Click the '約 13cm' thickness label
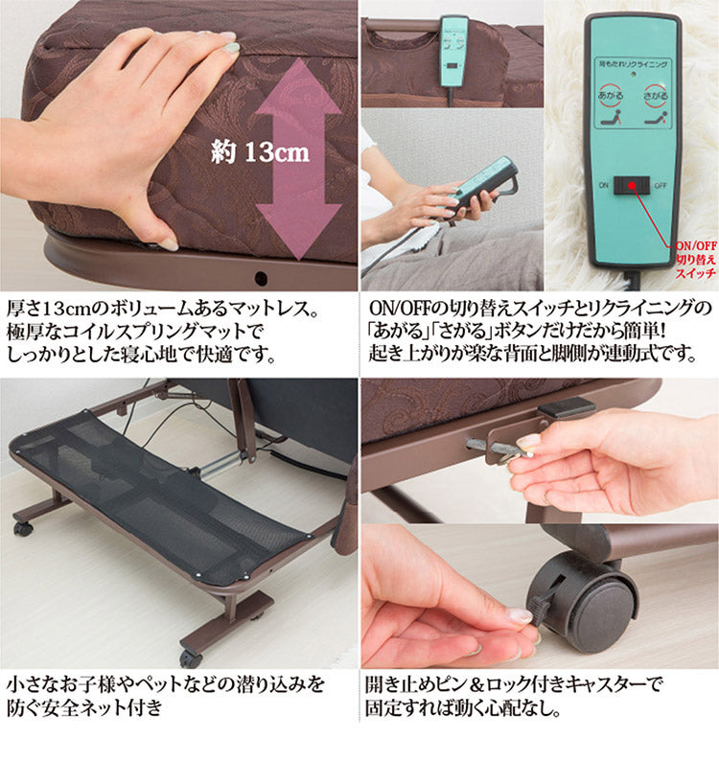pos(260,151)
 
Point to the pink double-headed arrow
pos(298,158)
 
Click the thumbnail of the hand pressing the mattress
pos(178,144)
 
